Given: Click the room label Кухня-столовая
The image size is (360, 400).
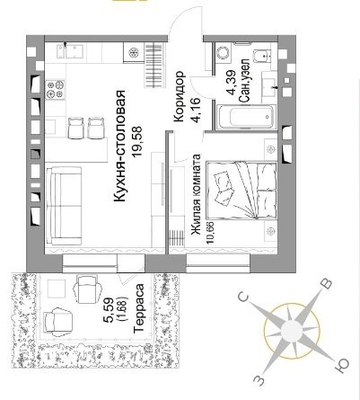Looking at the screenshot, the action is point(119,147).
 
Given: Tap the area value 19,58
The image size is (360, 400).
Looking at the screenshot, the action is point(138,142).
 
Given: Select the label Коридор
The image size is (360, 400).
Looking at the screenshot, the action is point(179,96).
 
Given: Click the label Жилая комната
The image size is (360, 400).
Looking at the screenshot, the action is point(196,196).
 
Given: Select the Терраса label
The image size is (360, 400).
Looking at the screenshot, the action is point(139,308).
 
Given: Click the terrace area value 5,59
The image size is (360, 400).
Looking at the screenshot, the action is point(108,310).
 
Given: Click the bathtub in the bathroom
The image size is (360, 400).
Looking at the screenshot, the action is point(246,117).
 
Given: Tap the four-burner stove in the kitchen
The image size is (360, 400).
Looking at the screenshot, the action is point(55,90).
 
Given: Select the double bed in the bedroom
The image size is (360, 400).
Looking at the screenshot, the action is point(242,191).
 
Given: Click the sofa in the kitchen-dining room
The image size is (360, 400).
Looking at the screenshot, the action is point(64,206).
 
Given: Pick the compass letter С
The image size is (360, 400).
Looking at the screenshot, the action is point(244,298).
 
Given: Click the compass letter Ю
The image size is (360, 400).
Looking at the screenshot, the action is point(342,366).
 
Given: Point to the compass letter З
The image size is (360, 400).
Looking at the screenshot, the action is point(259,380).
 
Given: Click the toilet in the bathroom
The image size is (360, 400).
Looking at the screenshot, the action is point(261,56).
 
